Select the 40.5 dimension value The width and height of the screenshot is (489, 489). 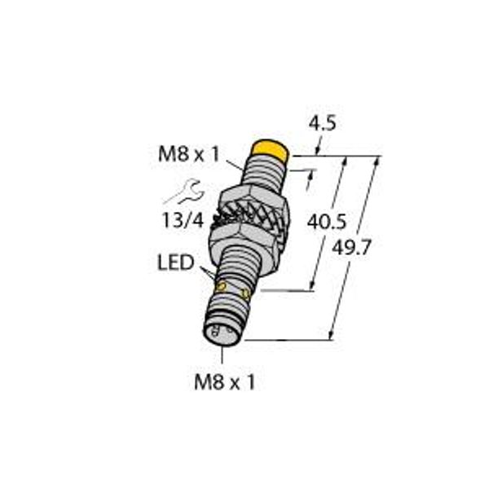pos(321,221)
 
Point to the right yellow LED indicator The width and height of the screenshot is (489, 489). pos(244,292)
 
